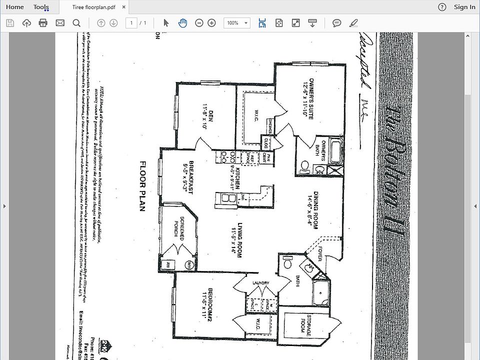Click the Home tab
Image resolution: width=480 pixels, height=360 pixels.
(x=14, y=7)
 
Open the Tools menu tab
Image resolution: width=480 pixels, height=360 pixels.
(x=41, y=7)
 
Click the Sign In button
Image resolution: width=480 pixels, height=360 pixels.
(x=464, y=7)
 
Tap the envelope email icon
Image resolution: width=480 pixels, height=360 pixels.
(x=60, y=23)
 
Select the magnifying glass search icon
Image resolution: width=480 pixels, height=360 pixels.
(x=76, y=23)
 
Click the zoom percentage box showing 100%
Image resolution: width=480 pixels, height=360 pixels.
(x=236, y=23)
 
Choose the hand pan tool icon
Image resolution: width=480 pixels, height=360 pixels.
(x=182, y=23)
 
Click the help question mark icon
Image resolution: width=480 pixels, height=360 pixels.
(x=442, y=7)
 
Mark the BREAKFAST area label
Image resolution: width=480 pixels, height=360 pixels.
(x=187, y=177)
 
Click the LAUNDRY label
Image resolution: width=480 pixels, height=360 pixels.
(x=260, y=283)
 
